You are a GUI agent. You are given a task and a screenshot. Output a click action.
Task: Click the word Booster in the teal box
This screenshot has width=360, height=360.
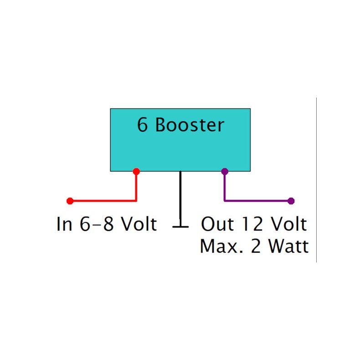[x=190, y=125]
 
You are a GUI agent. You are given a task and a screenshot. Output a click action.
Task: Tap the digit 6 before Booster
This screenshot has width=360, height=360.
[x=143, y=125]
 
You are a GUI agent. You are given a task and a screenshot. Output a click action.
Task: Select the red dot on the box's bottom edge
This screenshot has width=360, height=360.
[x=136, y=171]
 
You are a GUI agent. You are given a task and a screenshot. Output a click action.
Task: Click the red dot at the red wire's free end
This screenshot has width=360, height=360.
[x=70, y=201]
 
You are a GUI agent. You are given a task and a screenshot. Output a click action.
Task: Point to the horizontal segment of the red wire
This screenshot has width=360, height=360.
[x=103, y=201]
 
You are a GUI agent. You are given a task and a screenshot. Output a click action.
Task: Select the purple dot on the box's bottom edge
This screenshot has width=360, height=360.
[x=224, y=171]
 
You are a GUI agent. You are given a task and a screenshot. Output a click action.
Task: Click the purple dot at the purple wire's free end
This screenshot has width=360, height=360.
[x=291, y=201]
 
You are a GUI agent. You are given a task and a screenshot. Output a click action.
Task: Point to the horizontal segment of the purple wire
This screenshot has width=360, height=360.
[x=257, y=201]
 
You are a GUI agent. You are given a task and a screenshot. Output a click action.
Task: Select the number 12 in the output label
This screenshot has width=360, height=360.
[x=252, y=224]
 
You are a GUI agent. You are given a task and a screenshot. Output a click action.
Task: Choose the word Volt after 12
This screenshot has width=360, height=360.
[x=289, y=224]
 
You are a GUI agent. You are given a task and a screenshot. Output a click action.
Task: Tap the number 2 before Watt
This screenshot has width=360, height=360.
[x=256, y=247]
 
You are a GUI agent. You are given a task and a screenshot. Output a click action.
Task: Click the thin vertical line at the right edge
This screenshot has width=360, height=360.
[x=316, y=180]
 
